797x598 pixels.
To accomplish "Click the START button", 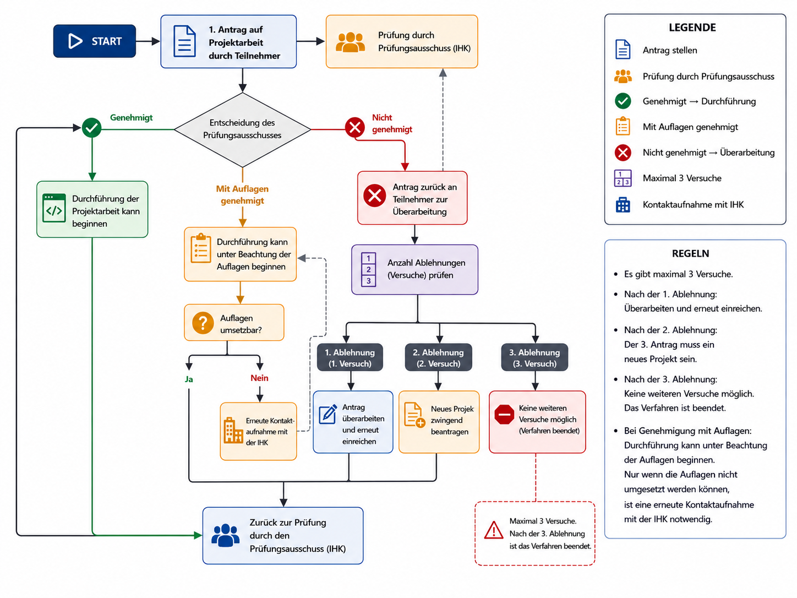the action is click(95, 41).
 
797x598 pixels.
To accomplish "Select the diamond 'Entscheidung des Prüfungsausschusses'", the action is click(242, 129).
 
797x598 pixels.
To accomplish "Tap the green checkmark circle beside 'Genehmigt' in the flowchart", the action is click(91, 128).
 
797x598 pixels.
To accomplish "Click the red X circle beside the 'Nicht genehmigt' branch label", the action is click(355, 127).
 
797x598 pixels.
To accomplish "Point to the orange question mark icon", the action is click(203, 323).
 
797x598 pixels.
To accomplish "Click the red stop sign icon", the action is click(504, 414).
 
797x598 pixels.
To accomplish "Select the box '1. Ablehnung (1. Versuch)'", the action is click(350, 357).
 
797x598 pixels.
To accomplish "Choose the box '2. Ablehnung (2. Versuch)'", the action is click(438, 357).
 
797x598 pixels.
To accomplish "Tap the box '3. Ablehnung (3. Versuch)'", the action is click(534, 357).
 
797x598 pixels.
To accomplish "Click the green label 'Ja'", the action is click(189, 379).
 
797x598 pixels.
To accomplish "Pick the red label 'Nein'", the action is click(259, 378).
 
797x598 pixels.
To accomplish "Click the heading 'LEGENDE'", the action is click(692, 28).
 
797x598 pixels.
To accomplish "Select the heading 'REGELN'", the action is click(690, 253).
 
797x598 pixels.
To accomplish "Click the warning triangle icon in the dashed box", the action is click(494, 530).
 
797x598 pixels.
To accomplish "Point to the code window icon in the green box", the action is click(54, 208).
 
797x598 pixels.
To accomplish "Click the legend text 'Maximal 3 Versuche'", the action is click(682, 178).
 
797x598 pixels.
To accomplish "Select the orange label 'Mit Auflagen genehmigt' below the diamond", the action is click(242, 194).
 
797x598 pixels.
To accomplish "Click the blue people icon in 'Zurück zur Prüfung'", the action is click(226, 535).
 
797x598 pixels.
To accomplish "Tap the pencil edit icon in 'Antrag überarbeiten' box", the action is click(328, 414).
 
